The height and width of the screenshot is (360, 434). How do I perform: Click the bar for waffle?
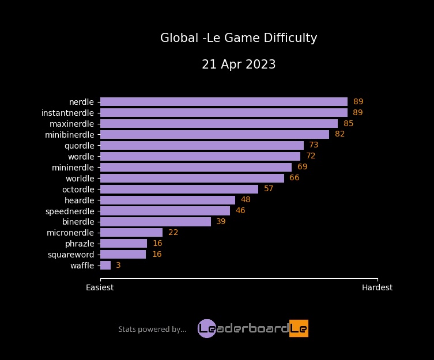pyautogui.click(x=105, y=266)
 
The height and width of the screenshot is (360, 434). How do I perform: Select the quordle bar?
pyautogui.click(x=202, y=145)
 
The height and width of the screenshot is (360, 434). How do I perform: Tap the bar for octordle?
pyautogui.click(x=179, y=189)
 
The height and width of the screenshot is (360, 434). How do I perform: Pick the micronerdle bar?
pyautogui.click(x=131, y=233)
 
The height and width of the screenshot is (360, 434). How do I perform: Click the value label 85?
pyautogui.click(x=348, y=123)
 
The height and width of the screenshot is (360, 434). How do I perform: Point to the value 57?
pyautogui.click(x=269, y=189)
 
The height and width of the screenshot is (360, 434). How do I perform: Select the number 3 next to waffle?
pyautogui.click(x=118, y=266)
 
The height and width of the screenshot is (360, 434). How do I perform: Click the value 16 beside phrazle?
pyautogui.click(x=157, y=244)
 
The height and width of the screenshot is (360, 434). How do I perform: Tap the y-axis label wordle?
pyautogui.click(x=81, y=156)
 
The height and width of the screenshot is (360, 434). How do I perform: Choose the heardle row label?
pyautogui.click(x=78, y=200)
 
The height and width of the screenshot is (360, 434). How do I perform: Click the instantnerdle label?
pyautogui.click(x=67, y=112)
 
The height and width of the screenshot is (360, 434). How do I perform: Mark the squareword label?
pyautogui.click(x=71, y=255)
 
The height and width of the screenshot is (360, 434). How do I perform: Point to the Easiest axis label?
pyautogui.click(x=100, y=287)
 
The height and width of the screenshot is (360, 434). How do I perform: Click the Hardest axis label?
pyautogui.click(x=377, y=287)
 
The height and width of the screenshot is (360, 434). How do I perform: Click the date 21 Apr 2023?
pyautogui.click(x=239, y=65)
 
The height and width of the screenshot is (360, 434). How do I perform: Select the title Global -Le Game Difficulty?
pyautogui.click(x=239, y=38)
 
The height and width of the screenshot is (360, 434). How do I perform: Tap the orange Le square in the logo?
pyautogui.click(x=299, y=328)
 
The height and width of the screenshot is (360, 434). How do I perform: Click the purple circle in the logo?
pyautogui.click(x=206, y=328)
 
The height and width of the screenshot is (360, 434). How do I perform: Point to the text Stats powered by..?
pyautogui.click(x=152, y=329)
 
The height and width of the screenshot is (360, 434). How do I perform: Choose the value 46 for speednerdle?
pyautogui.click(x=240, y=211)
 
